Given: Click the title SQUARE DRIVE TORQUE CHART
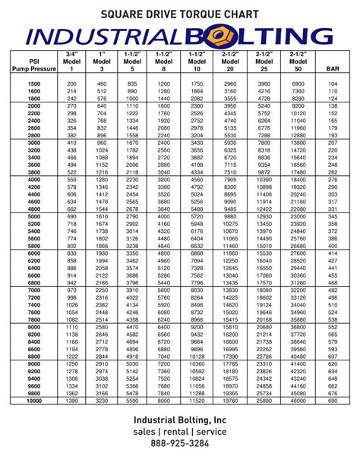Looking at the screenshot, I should [180, 14].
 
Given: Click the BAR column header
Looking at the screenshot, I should [333, 69].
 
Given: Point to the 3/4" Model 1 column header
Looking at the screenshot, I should [71, 62].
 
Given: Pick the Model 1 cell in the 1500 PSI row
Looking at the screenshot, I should [71, 83].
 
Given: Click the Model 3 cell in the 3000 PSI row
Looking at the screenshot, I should [102, 142].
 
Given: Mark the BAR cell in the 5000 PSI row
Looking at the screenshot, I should [333, 217].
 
